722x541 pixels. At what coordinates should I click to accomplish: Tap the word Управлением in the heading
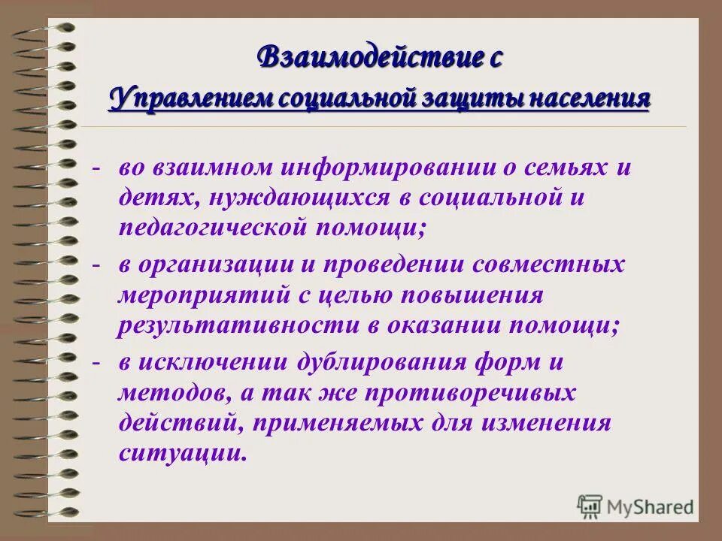coord(193,100)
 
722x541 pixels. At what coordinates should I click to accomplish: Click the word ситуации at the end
coord(182,452)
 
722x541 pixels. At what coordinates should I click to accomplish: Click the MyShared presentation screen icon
coord(590,506)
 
